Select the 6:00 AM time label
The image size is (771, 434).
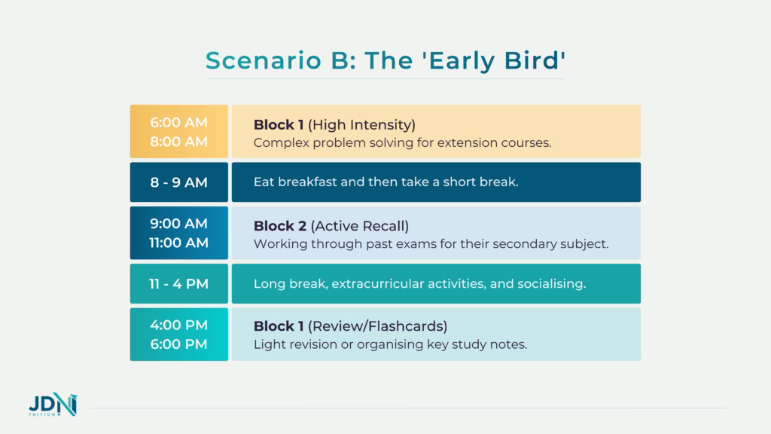[179, 122]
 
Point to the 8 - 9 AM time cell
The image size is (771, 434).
[179, 182]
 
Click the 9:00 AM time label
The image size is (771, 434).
[179, 223]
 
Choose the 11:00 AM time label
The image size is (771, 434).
[179, 243]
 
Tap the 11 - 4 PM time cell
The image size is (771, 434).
[179, 283]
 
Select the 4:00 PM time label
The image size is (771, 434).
[179, 325]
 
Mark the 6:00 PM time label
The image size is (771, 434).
[179, 344]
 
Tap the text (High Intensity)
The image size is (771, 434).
[362, 124]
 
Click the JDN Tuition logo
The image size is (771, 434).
[53, 408]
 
